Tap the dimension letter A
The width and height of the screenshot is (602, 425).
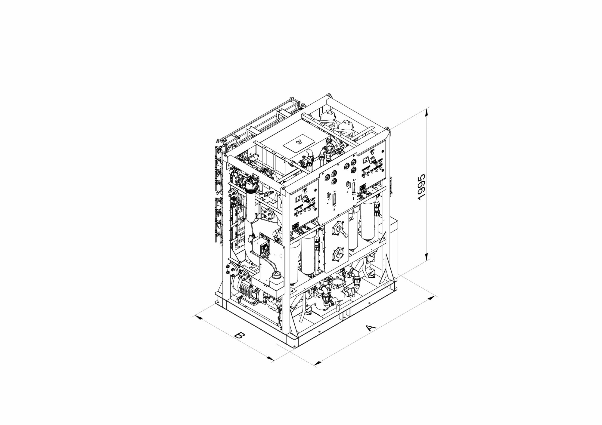371,327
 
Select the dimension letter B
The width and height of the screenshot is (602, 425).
239,335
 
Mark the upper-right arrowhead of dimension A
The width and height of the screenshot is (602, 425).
431,298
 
